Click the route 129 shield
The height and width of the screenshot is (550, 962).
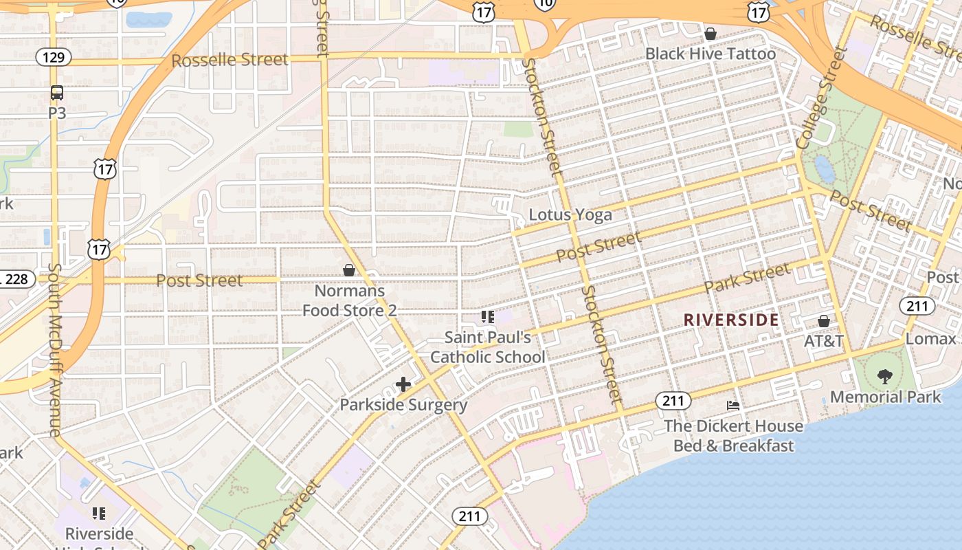point(54,56)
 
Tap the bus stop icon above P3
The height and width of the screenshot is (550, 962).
point(57,93)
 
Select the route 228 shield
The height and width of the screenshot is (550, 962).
point(15,278)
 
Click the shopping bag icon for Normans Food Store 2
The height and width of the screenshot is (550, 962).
point(349,270)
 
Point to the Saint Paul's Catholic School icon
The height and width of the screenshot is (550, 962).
point(487,317)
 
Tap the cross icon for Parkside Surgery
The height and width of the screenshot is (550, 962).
point(403,384)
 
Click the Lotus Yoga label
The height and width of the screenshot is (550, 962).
point(570,214)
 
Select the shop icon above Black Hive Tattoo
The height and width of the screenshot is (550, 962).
point(711,34)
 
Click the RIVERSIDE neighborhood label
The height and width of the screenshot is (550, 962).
point(731,320)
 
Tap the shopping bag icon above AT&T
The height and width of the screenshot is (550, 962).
point(823,321)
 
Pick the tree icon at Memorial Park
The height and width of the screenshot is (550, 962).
point(885,376)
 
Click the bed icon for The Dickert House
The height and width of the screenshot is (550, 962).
point(733,406)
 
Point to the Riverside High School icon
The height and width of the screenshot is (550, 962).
point(99,514)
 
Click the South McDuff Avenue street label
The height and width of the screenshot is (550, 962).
point(54,351)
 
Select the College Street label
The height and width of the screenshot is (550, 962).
point(822,98)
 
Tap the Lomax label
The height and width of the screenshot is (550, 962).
point(931,338)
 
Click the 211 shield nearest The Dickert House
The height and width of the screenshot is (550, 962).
point(673,400)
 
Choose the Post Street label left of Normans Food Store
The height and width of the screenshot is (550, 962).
point(199,280)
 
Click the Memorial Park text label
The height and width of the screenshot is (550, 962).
point(885,397)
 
